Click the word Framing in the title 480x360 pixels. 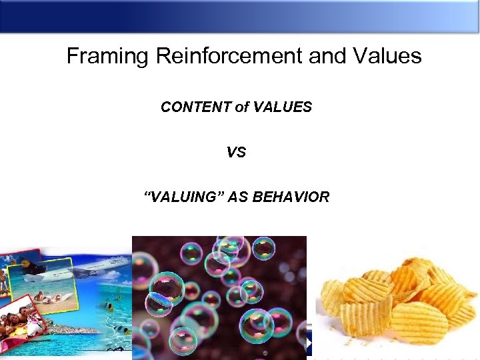click(108, 56)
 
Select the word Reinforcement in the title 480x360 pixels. click(229, 56)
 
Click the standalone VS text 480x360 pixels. click(236, 153)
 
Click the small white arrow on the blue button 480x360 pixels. click(309, 342)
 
